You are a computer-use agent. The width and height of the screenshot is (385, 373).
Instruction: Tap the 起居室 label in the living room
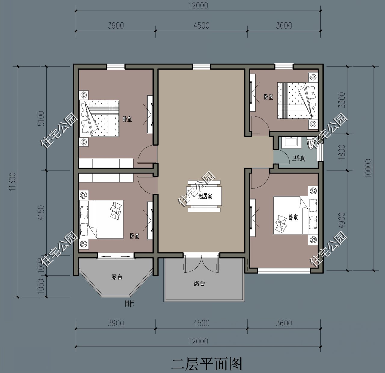pos(205,196)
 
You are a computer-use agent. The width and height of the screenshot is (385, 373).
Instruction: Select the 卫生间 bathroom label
pos(298,158)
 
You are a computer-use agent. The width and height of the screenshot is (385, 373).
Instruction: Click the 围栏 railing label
pos(129,304)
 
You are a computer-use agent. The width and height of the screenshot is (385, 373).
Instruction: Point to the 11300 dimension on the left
pos(12,182)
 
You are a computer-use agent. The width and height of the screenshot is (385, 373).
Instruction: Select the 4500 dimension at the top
pos(201,25)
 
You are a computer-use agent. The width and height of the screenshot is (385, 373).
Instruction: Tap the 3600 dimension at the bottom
pos(284,323)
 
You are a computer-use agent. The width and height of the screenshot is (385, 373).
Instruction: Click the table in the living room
pos(205,196)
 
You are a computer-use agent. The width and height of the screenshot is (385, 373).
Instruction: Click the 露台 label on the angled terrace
pos(116,277)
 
